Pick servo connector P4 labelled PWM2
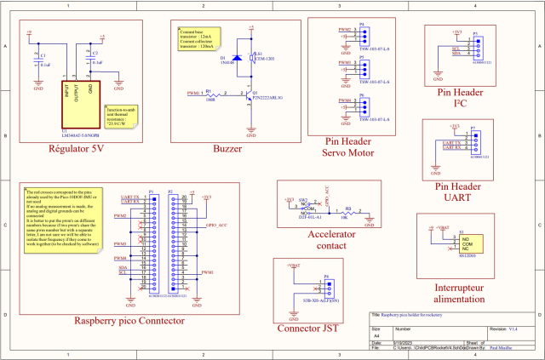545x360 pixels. click(x=363, y=34)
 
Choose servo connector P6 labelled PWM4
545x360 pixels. click(x=363, y=104)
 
